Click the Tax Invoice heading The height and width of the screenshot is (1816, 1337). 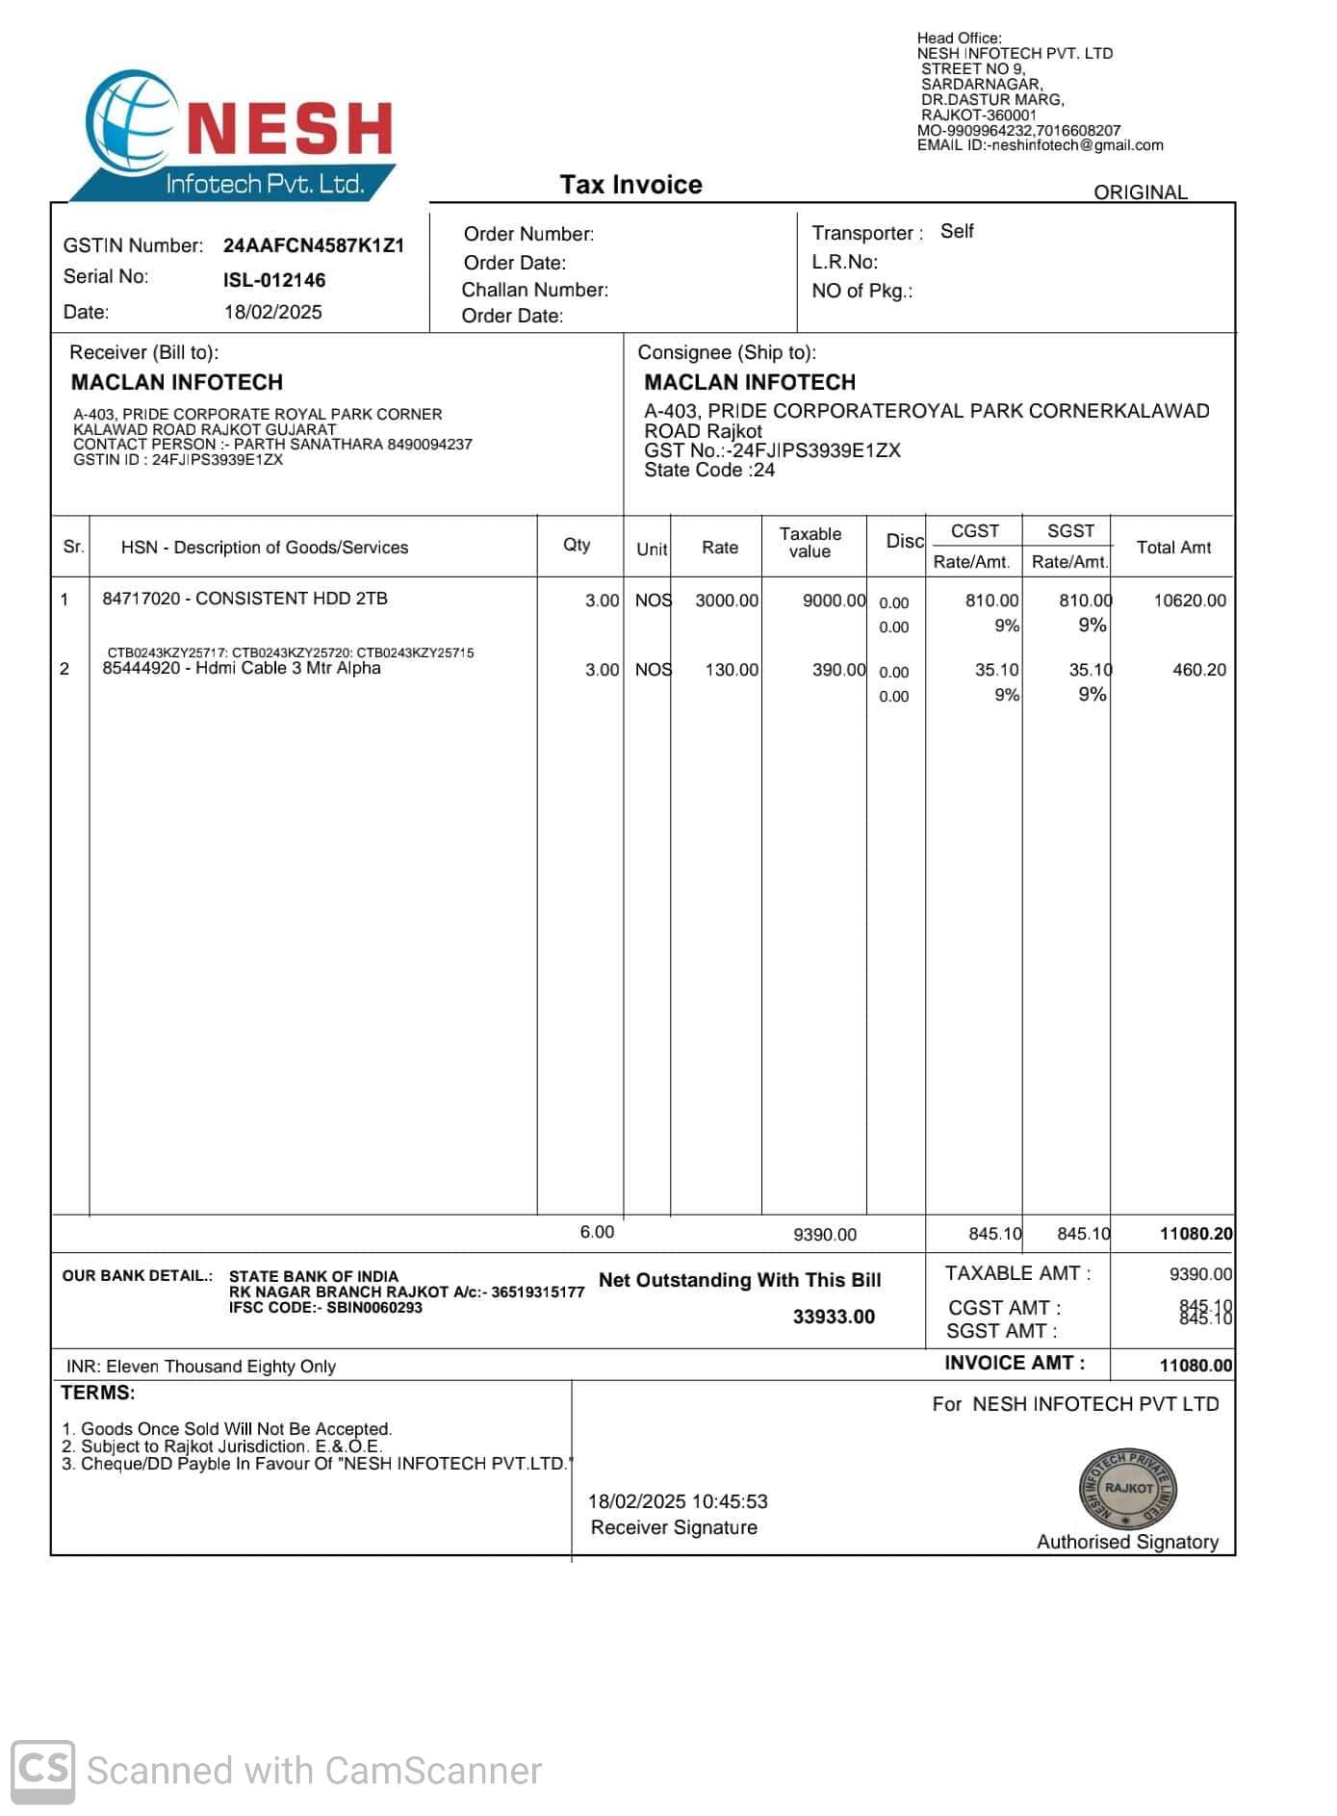pos(630,185)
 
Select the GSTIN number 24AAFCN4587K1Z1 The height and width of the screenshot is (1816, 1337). pos(314,245)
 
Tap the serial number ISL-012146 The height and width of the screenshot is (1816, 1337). pos(274,280)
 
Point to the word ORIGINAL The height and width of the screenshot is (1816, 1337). pos(1140,192)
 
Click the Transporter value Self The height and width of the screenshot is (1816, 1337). pos(957,232)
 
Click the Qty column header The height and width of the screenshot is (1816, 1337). pos(577,545)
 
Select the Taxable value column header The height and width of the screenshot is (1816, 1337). pos(810,543)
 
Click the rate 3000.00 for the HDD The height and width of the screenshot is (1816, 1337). pos(727,601)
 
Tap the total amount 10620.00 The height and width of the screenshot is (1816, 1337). pos(1190,601)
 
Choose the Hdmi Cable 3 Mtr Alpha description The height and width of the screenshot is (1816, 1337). pos(242,669)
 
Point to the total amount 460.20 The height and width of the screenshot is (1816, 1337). pos(1199,670)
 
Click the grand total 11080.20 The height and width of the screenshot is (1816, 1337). pos(1196,1234)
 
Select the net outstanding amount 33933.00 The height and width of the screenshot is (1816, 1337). pos(834,1317)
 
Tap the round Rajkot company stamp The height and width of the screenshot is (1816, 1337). pos(1128,1488)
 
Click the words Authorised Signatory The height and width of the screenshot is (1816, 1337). pos(1127,1542)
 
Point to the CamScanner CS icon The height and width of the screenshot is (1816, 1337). pos(42,1771)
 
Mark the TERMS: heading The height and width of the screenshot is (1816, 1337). pos(98,1393)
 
